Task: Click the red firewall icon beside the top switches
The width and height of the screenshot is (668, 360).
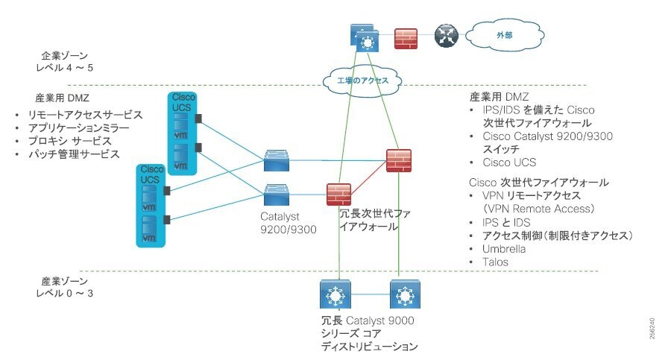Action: click(406, 38)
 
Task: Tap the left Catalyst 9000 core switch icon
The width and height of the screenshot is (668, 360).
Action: click(333, 296)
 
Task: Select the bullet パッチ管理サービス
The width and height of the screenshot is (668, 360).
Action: click(73, 154)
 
